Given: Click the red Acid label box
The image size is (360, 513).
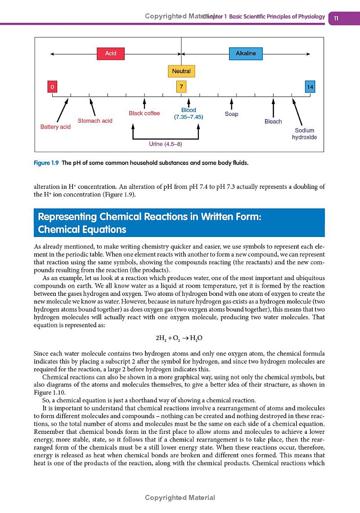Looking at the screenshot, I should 111,54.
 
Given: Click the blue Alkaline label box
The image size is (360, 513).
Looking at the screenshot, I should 246,54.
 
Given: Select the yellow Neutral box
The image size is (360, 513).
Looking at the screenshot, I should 181,71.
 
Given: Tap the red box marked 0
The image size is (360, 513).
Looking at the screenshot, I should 52,86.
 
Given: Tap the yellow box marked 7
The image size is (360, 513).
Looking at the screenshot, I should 181,86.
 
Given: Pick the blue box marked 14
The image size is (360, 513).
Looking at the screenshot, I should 310,86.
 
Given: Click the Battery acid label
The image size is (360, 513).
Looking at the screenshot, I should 55,127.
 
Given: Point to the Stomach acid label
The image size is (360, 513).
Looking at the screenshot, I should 95,120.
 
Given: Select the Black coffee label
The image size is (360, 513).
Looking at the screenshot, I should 144,113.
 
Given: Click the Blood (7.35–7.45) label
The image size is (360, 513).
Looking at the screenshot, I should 189,113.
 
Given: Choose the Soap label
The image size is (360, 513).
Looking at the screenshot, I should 231,114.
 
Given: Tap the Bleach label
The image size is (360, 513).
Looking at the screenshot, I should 273,121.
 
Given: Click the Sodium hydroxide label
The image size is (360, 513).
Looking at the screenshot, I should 305,134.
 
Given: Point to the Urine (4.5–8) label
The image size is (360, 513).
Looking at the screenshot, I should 166,144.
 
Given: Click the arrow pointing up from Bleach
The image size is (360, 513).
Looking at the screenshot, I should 273,107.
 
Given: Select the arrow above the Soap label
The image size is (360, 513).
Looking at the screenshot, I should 231,104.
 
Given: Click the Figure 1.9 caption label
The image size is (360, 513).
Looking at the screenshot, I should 47,162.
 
